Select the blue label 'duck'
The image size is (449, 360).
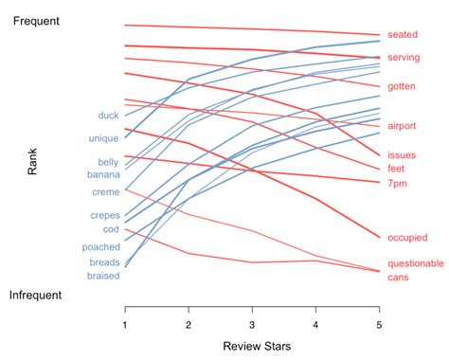tap(108, 117)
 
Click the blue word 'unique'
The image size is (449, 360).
tap(103, 138)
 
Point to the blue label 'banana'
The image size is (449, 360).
tap(104, 174)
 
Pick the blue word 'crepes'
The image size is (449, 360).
tap(105, 215)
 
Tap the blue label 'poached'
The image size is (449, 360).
tap(101, 246)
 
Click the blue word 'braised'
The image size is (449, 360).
tap(103, 276)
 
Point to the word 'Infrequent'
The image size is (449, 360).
tap(36, 296)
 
